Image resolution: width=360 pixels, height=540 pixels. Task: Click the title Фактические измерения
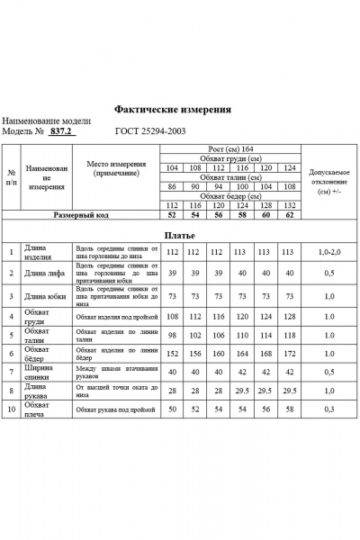pyautogui.click(x=173, y=108)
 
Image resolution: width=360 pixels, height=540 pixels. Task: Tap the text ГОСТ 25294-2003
pyautogui.click(x=149, y=130)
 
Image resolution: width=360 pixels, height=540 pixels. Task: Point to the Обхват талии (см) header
pyautogui.click(x=229, y=177)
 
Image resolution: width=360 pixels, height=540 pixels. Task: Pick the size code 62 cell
pyautogui.click(x=288, y=216)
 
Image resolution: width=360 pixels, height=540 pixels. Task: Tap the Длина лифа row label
pyautogui.click(x=41, y=273)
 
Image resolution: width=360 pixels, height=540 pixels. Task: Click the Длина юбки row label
pyautogui.click(x=41, y=295)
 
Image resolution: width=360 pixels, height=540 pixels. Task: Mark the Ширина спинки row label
pyautogui.click(x=40, y=370)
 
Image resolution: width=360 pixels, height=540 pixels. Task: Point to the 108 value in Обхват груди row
pyautogui.click(x=174, y=318)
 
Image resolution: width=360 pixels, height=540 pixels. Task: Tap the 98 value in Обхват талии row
pyautogui.click(x=174, y=334)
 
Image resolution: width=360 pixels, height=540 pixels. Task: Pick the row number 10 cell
pyautogui.click(x=12, y=409)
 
